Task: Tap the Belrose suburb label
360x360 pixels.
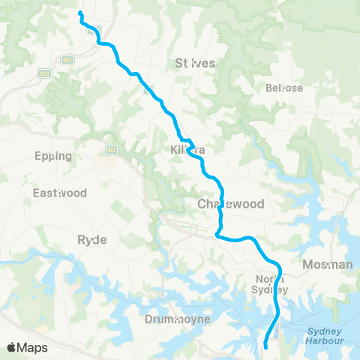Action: [x=284, y=88]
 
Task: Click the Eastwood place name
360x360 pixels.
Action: [x=55, y=193]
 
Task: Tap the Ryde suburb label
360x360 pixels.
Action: [x=92, y=239]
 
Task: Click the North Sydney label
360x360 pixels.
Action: [x=268, y=285]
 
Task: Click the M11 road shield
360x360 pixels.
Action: [x=68, y=59]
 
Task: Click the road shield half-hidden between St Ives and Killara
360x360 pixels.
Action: [x=149, y=89]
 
